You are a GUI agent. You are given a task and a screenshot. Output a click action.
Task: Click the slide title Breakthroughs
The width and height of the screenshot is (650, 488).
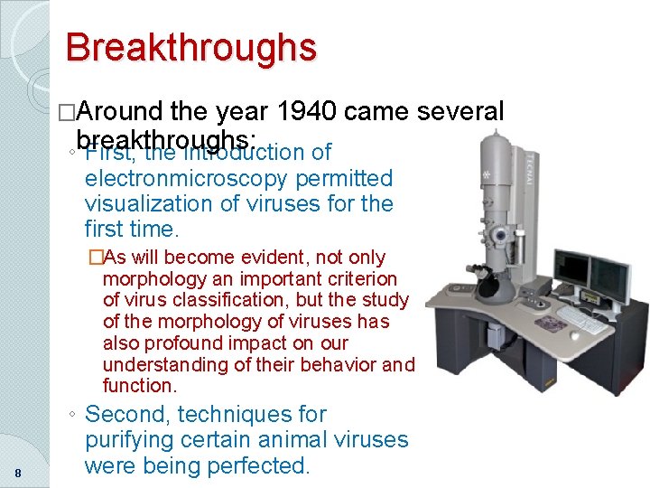click(190, 47)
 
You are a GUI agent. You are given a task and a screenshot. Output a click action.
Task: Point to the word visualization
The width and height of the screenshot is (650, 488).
click(153, 203)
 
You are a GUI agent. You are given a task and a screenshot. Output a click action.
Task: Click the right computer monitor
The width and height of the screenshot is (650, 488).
click(611, 279)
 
